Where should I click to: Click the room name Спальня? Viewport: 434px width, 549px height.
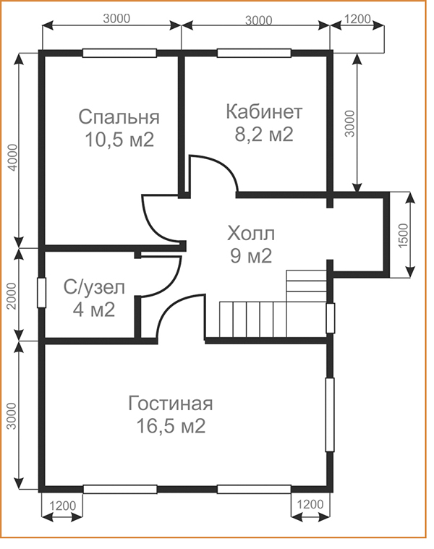(119, 117)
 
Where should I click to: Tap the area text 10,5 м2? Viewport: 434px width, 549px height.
(119, 140)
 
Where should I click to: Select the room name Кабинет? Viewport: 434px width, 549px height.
(264, 111)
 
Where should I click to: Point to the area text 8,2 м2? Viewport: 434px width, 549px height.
(264, 134)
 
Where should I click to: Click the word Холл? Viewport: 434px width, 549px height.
(251, 234)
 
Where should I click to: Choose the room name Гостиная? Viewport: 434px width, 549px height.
(171, 404)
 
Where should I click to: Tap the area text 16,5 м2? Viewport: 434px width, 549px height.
(171, 426)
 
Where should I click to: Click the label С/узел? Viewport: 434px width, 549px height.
(94, 288)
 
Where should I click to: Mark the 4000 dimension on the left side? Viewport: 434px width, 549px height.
(12, 157)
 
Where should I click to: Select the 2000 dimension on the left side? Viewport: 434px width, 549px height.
(12, 296)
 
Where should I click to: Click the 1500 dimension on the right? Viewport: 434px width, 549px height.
(403, 236)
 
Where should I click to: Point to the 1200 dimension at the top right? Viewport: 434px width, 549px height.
(357, 19)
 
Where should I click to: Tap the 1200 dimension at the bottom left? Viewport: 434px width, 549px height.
(63, 506)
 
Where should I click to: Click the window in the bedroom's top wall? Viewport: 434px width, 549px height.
(119, 54)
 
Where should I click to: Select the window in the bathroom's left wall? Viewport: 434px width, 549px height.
(42, 293)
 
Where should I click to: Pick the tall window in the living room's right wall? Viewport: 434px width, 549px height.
(330, 414)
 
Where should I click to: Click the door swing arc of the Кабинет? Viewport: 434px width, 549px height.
(222, 164)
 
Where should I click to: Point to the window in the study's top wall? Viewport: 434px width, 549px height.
(254, 54)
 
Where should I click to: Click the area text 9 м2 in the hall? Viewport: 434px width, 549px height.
(251, 256)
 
